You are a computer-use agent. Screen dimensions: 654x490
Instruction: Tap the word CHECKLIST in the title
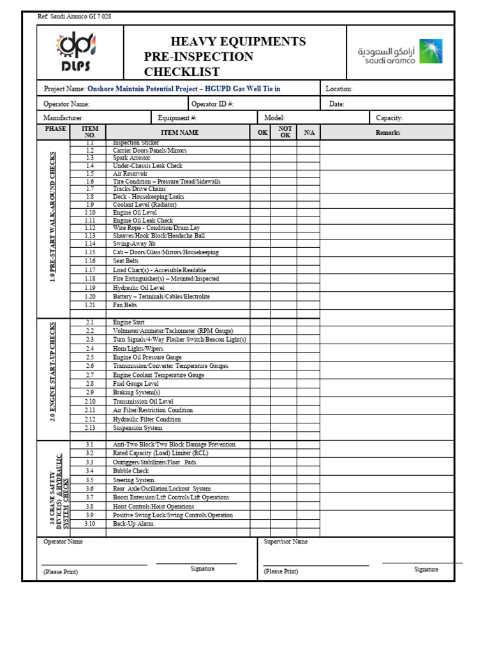click(x=182, y=72)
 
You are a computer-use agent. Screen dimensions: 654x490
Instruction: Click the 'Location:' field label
click(x=339, y=89)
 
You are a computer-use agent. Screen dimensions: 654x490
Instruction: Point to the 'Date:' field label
click(x=336, y=104)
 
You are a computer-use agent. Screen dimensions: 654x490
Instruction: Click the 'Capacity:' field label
click(x=389, y=118)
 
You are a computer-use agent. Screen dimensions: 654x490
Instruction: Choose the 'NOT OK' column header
click(x=285, y=132)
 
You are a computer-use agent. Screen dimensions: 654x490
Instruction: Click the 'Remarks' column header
click(x=388, y=133)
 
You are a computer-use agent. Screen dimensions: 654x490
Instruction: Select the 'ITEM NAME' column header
click(x=179, y=133)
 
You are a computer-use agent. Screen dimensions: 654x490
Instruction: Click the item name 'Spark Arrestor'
click(x=131, y=158)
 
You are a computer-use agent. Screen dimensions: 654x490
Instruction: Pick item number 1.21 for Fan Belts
click(x=90, y=305)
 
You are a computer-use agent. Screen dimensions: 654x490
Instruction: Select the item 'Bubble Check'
click(x=131, y=471)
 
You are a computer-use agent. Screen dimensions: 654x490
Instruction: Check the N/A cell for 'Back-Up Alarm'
click(x=309, y=524)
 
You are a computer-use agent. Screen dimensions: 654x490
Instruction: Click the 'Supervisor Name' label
click(x=286, y=542)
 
